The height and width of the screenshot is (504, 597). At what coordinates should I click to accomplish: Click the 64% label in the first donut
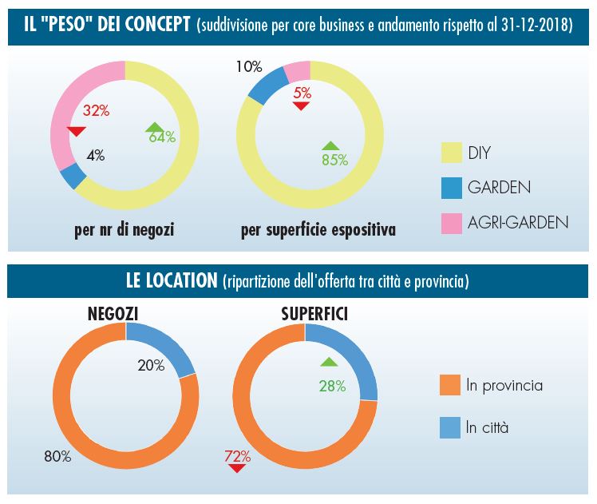pyautogui.click(x=162, y=137)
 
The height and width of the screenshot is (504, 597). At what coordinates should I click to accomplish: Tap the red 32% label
pyautogui.click(x=95, y=111)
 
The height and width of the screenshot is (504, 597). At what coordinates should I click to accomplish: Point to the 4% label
pyautogui.click(x=96, y=156)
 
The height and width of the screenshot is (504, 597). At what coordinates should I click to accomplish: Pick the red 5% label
pyautogui.click(x=302, y=93)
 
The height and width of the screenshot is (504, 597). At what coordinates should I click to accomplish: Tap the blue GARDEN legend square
pyautogui.click(x=452, y=189)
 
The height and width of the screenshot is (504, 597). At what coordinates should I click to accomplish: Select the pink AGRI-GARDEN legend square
pyautogui.click(x=452, y=223)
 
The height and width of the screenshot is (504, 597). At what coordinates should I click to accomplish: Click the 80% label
pyautogui.click(x=57, y=458)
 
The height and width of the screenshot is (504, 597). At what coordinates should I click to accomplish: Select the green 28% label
pyautogui.click(x=331, y=387)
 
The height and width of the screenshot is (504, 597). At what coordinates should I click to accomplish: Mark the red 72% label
pyautogui.click(x=237, y=457)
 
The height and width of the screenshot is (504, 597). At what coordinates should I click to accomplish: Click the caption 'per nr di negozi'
pyautogui.click(x=124, y=231)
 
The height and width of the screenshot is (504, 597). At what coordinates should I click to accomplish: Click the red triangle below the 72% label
pyautogui.click(x=236, y=468)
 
